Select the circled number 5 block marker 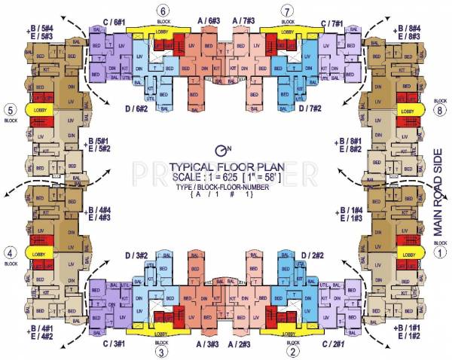10,107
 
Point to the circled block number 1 441,254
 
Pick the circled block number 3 162,350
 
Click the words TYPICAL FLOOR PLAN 223,167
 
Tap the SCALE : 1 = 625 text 200,177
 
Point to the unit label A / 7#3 248,23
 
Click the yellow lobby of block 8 408,111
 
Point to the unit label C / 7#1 333,23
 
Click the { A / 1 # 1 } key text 224,194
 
